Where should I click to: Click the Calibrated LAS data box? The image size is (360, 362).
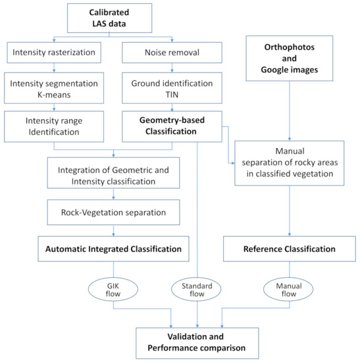click(x=109, y=18)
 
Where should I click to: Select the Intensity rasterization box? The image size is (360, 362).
click(x=54, y=53)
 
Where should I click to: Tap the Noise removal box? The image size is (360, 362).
click(x=172, y=53)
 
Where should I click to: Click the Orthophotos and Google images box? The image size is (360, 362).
click(x=290, y=58)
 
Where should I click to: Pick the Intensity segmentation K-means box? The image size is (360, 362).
click(x=54, y=88)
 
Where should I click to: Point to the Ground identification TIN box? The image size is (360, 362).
click(x=172, y=88)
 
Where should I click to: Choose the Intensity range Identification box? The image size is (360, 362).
click(x=54, y=126)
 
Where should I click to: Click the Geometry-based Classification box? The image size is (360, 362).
click(x=172, y=126)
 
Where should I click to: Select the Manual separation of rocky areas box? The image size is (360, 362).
click(x=290, y=163)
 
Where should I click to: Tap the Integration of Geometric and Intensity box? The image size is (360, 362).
click(x=113, y=173)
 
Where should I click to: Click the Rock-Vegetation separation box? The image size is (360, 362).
click(x=113, y=212)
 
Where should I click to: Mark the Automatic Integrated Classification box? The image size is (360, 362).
click(x=113, y=249)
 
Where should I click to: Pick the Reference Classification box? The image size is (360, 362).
click(x=290, y=249)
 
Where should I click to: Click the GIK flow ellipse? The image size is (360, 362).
click(x=113, y=290)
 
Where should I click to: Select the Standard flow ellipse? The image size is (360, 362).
click(x=196, y=290)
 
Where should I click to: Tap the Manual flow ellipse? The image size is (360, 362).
click(x=288, y=290)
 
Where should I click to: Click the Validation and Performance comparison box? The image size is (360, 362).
click(x=197, y=343)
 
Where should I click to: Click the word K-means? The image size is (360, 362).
click(x=54, y=95)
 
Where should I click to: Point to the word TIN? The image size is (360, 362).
click(x=172, y=95)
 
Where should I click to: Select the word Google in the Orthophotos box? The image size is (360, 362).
click(x=274, y=70)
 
